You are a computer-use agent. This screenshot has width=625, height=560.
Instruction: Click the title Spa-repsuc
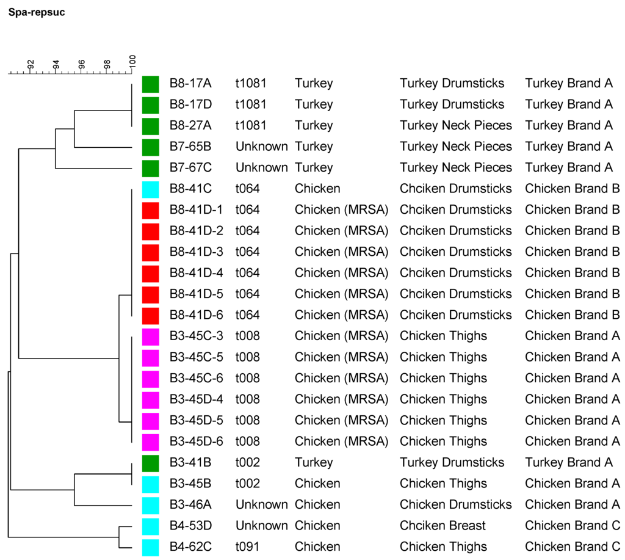(36, 12)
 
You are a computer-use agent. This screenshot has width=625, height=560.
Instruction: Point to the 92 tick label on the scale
(31, 64)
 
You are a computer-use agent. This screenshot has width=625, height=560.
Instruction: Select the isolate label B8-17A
(189, 83)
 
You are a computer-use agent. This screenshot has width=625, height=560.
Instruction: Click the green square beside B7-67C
(150, 167)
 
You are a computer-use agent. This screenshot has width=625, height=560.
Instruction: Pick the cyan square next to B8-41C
(150, 189)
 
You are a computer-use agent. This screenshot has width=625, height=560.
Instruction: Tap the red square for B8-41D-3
(150, 252)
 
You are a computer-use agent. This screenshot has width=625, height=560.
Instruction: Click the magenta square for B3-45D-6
(150, 441)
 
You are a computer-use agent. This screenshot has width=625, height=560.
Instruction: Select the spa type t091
(248, 547)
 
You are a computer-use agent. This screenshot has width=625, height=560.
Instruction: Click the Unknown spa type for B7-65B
(261, 147)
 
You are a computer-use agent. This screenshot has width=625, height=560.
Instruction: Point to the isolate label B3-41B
(189, 462)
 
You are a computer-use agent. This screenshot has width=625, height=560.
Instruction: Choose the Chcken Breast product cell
(443, 525)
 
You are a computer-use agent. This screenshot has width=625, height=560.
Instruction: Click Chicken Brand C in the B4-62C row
(572, 547)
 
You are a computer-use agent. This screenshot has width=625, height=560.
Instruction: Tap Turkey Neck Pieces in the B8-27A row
(455, 125)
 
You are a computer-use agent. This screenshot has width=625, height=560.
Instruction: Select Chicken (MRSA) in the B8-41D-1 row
(341, 209)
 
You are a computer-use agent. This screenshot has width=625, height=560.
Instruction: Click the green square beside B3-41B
(150, 462)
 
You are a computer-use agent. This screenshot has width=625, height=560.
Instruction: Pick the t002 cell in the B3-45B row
(248, 483)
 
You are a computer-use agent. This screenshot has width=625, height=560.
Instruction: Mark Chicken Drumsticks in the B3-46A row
(455, 504)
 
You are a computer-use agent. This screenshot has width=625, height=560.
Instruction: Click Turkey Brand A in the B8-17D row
(568, 104)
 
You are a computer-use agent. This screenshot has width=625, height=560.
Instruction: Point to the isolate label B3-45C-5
(196, 357)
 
